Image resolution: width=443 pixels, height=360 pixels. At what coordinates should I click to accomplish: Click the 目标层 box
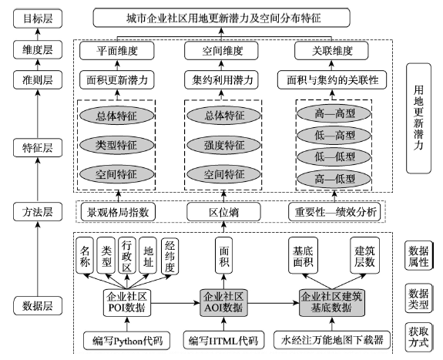[38, 19]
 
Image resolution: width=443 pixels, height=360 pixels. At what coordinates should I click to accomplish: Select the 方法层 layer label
[38, 211]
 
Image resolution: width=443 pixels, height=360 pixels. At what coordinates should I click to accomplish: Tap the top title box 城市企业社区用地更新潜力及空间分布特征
[222, 18]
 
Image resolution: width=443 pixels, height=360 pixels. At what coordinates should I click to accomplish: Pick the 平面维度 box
[117, 51]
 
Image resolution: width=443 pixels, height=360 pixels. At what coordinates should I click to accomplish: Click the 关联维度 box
[331, 51]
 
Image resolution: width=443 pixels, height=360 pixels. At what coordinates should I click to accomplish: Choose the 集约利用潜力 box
[221, 79]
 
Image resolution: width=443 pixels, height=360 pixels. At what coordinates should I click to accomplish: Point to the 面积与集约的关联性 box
[332, 79]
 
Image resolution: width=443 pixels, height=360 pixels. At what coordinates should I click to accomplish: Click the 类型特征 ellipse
[116, 145]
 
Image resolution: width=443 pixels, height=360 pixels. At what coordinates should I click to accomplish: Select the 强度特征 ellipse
[223, 145]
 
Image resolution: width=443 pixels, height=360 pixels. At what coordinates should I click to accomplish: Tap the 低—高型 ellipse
[334, 135]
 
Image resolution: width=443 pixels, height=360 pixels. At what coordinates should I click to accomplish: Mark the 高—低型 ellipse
[334, 179]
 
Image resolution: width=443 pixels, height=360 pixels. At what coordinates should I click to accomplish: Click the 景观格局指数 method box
[118, 212]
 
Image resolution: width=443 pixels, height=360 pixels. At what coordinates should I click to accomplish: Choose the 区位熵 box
[223, 212]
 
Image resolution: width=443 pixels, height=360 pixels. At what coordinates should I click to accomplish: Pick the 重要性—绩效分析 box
[334, 212]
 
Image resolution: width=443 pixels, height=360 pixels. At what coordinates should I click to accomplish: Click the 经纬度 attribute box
[169, 256]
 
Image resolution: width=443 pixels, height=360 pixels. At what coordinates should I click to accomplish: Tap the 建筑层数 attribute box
[364, 255]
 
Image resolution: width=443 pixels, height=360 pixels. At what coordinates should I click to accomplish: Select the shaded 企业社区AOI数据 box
[223, 303]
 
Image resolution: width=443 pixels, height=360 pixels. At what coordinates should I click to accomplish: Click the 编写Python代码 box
[126, 341]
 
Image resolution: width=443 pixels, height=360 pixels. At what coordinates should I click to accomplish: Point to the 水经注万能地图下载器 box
[332, 340]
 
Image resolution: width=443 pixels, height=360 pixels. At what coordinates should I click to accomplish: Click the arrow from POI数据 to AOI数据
[175, 303]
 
